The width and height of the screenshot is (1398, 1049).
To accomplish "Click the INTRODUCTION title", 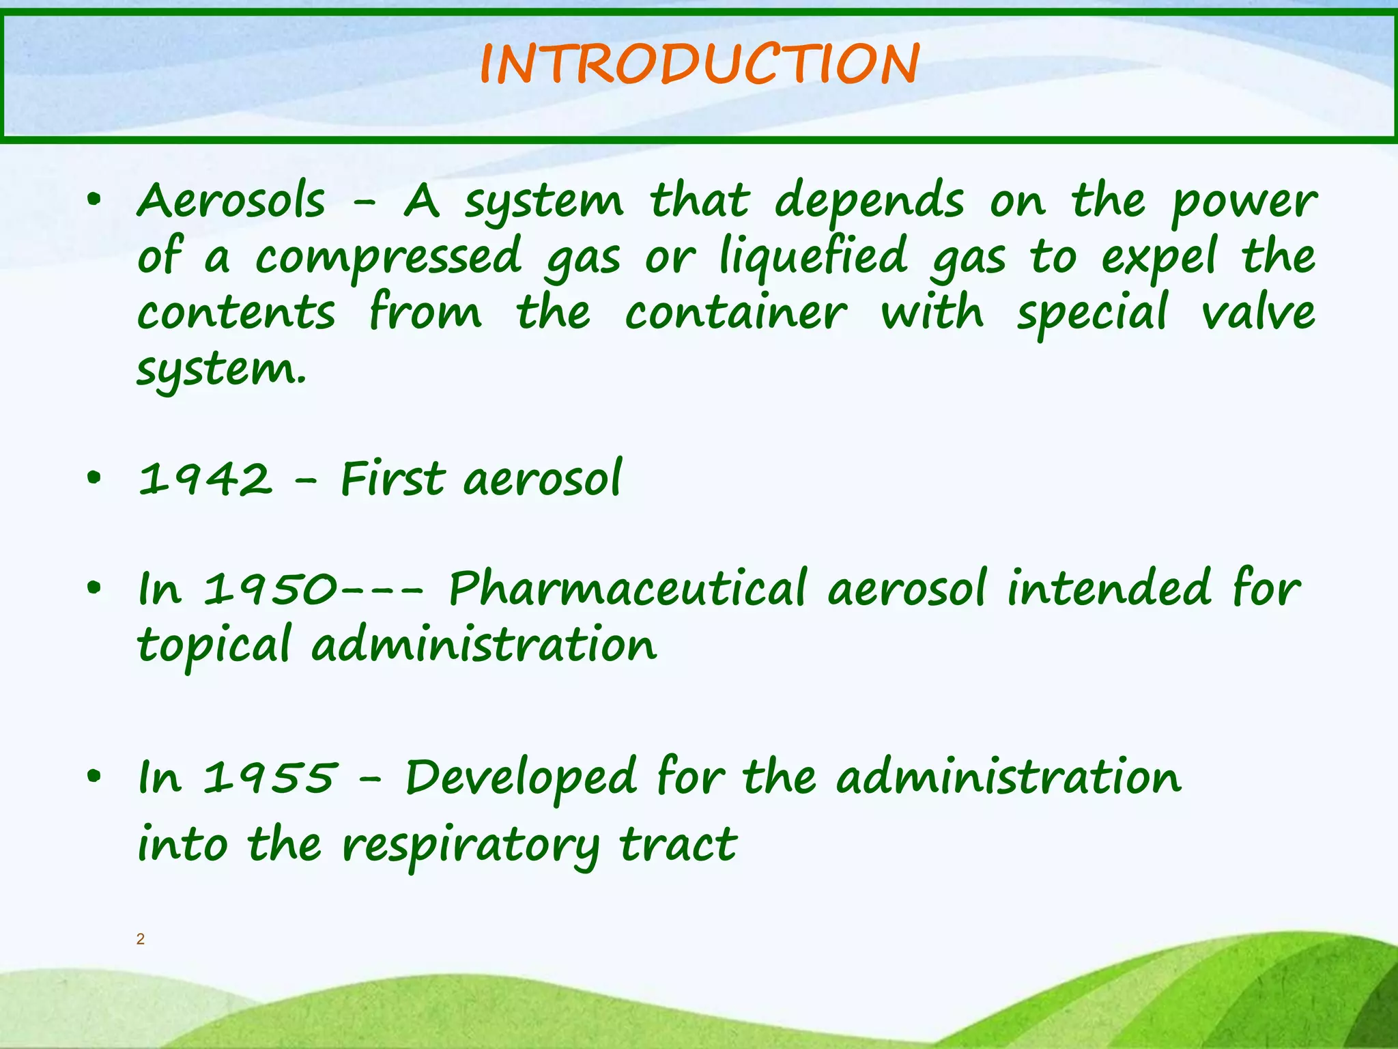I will point(700,64).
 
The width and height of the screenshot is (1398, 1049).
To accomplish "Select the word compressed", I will point(389,257).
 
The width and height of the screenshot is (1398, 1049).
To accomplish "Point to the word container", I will point(736,313).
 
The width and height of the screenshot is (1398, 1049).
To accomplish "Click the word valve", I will point(1258,313).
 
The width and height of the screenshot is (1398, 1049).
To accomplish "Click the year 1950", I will point(270,589).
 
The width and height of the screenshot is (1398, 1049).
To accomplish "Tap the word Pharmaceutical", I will point(628,589).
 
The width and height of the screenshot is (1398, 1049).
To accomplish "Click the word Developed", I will point(521,779).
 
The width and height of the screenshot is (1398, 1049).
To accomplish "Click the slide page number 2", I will point(141,939).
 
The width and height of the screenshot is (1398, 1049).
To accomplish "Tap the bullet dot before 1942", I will point(94,479).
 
